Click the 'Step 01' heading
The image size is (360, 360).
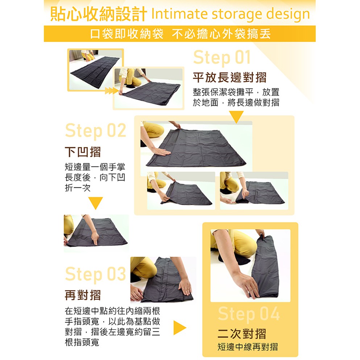(x=222, y=57)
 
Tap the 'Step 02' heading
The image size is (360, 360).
(x=96, y=131)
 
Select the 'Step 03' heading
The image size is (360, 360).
(x=96, y=274)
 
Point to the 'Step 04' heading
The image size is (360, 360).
(x=249, y=314)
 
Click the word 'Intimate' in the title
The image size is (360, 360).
(x=179, y=14)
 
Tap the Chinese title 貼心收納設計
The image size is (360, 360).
(x=99, y=14)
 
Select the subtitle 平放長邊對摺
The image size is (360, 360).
(x=229, y=77)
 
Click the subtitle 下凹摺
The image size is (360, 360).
(x=83, y=152)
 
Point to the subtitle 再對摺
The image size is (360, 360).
(x=83, y=295)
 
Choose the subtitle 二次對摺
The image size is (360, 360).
(x=242, y=334)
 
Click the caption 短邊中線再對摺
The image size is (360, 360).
(x=248, y=347)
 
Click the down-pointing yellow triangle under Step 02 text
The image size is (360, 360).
(x=95, y=203)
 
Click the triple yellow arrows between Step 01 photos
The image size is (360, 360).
(x=112, y=91)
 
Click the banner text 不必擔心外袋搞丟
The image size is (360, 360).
(x=221, y=34)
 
